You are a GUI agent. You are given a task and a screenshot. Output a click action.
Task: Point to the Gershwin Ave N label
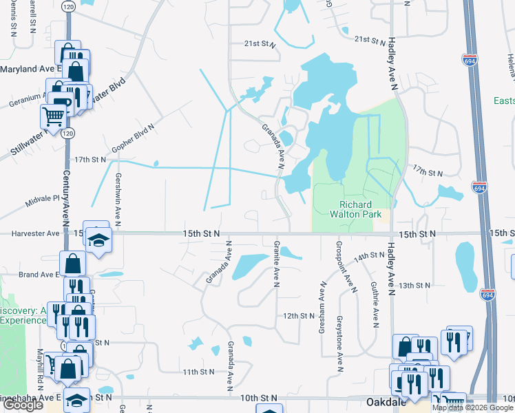point(118,198)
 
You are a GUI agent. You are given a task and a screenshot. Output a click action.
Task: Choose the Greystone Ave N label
point(339,343)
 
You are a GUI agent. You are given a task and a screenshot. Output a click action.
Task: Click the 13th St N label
point(414,285)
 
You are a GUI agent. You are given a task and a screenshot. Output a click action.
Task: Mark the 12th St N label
point(299,316)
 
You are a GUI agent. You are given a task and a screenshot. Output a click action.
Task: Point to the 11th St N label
point(200,372)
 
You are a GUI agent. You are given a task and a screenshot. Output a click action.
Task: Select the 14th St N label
point(369,257)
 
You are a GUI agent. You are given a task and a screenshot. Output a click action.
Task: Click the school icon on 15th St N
point(98,240)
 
